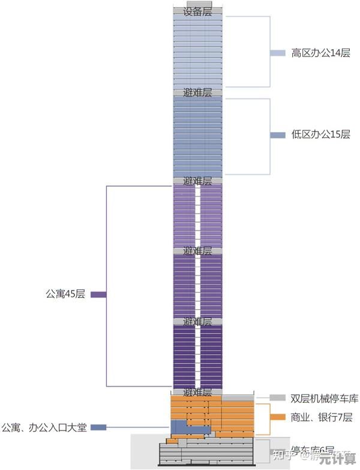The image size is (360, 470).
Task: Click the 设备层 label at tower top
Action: pyautogui.click(x=197, y=11)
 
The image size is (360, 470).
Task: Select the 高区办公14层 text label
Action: pyautogui.click(x=320, y=53)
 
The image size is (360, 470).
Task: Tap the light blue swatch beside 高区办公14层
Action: pyautogui.click(x=277, y=53)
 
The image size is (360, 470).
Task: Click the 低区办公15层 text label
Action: pyautogui.click(x=320, y=134)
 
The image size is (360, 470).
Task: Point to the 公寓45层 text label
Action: pyautogui.click(x=65, y=294)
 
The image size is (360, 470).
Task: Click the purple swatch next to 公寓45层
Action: pyautogui.click(x=98, y=295)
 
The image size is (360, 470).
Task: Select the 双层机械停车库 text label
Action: pyautogui.click(x=324, y=398)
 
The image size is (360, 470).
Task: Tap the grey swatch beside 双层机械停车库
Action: pyautogui.click(x=277, y=398)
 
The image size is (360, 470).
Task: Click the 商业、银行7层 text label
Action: pyautogui.click(x=321, y=417)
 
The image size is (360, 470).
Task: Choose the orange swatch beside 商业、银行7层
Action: pyautogui.click(x=277, y=417)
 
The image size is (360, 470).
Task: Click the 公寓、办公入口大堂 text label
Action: pyautogui.click(x=44, y=427)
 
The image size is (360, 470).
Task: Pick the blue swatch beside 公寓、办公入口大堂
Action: pyautogui.click(x=98, y=427)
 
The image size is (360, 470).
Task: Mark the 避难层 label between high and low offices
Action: pyautogui.click(x=197, y=93)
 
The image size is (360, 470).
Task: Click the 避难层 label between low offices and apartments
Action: pyautogui.click(x=197, y=181)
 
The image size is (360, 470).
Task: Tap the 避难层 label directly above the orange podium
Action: pyautogui.click(x=197, y=393)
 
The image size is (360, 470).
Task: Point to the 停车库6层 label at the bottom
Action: pyautogui.click(x=312, y=450)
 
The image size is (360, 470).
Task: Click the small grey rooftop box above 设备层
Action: pyautogui.click(x=197, y=4)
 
